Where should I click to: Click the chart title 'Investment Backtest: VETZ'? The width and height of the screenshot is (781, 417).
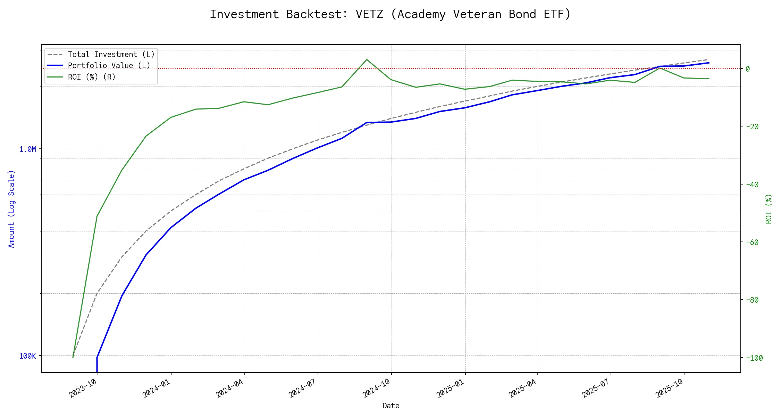click(390, 14)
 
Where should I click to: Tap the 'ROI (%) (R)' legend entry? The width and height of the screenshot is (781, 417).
click(92, 77)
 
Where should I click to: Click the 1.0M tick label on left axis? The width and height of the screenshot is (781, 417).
click(27, 149)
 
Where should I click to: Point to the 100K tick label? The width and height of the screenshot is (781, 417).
click(27, 356)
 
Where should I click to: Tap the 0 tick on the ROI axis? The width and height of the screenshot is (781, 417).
click(748, 69)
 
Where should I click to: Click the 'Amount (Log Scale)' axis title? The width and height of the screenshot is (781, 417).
click(11, 209)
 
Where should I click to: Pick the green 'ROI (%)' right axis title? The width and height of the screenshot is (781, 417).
click(769, 209)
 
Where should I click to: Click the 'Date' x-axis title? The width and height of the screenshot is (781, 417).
click(391, 406)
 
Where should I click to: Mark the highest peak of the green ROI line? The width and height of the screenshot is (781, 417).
click(367, 59)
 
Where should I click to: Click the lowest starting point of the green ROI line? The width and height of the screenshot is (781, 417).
click(73, 357)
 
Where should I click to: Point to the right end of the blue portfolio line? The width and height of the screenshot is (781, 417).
click(709, 63)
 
